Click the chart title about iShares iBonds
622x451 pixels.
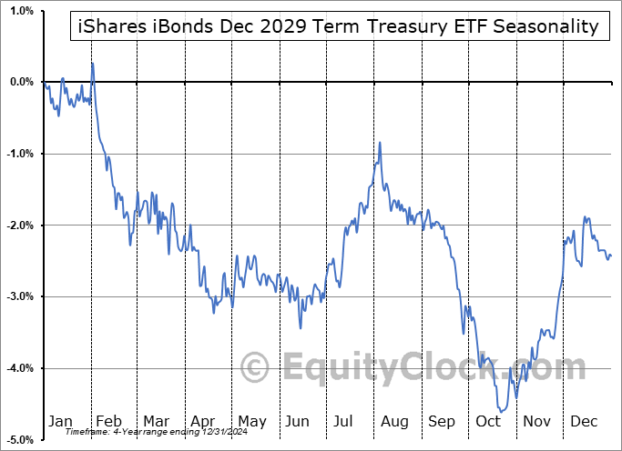click(335, 26)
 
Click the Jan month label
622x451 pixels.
click(60, 421)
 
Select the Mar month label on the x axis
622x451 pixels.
click(156, 421)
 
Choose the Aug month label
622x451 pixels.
click(394, 421)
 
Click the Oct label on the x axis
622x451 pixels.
click(489, 421)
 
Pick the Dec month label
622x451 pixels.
click(584, 421)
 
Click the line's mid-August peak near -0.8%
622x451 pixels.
click(380, 143)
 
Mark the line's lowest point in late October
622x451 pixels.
click(500, 411)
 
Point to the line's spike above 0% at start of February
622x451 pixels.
click(92, 63)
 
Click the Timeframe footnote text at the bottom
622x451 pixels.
click(136, 432)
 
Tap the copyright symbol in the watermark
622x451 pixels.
click(254, 367)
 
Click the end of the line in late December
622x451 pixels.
click(611, 256)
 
